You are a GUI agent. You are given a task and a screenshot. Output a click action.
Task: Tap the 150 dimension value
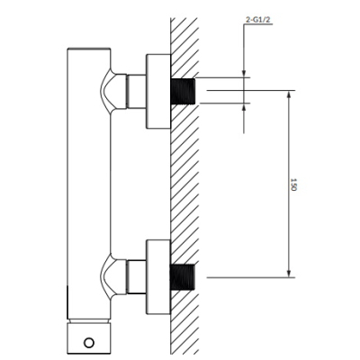click(293, 184)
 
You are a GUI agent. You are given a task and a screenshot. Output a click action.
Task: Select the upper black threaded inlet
click(183, 91)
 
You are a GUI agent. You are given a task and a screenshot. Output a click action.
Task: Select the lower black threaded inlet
click(183, 277)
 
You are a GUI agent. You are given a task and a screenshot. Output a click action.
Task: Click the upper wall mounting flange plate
click(158, 92)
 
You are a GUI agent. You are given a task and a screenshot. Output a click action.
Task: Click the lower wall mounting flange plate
click(158, 277)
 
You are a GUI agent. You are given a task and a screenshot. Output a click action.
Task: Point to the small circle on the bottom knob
click(89, 343)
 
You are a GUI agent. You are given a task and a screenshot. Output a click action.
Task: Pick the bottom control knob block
click(89, 338)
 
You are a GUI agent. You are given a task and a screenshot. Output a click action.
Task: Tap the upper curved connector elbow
click(113, 91)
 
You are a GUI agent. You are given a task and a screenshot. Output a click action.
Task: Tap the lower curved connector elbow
click(113, 277)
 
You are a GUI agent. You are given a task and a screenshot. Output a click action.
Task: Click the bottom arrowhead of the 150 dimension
click(289, 274)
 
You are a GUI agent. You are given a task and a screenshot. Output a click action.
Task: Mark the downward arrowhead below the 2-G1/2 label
click(244, 74)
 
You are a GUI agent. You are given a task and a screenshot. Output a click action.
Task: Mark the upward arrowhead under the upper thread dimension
click(244, 107)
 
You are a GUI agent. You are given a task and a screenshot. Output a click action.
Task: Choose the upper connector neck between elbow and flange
click(136, 91)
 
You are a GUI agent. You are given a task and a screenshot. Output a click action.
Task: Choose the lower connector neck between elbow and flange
click(136, 277)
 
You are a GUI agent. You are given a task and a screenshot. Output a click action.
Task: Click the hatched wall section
click(184, 186)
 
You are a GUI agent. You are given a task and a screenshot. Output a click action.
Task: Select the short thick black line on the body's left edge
click(67, 302)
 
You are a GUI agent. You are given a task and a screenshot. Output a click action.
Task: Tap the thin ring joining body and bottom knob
click(89, 321)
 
